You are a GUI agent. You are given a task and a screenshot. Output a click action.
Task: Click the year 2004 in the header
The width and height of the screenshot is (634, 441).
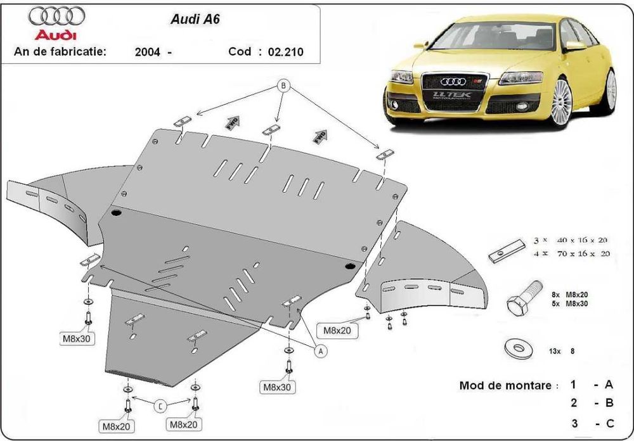tap(147, 52)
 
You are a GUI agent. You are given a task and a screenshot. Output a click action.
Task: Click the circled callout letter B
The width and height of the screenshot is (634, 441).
tap(283, 87)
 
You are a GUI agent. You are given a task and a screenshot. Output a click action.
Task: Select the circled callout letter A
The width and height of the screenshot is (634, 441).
tap(320, 350)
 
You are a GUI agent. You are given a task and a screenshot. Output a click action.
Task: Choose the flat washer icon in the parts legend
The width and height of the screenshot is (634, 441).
tap(516, 347)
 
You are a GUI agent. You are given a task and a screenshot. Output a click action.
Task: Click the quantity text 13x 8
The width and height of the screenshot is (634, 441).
tap(565, 350)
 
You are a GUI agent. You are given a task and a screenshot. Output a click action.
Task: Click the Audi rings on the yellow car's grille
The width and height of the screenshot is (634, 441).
tap(453, 81)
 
